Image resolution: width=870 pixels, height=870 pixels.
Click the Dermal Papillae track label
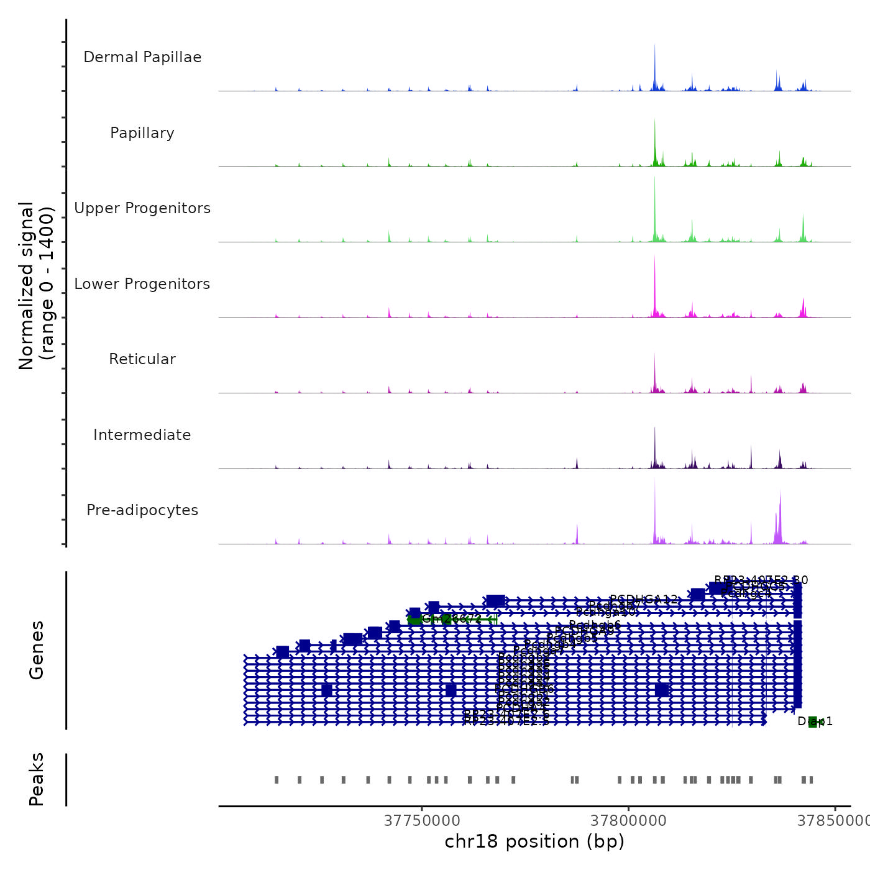142,57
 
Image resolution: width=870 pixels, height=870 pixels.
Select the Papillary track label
142,133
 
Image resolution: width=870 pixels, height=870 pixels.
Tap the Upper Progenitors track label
142,208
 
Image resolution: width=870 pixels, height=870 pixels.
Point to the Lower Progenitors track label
142,284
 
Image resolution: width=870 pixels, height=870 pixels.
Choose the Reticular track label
142,359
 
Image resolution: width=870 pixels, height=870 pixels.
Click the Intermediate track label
142,435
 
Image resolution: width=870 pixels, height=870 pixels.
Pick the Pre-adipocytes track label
142,510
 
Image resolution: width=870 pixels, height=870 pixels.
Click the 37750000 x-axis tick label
422,821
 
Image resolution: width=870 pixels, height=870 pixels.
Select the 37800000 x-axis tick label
628,821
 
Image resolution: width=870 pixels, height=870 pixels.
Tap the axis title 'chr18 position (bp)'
534,841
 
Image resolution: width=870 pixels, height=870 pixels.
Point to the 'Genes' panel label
37,650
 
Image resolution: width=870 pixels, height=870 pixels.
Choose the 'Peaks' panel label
37,779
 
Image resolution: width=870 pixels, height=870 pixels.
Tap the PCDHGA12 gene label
644,599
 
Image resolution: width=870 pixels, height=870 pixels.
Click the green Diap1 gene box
812,721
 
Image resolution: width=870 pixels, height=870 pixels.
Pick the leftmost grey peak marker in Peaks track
277,780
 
